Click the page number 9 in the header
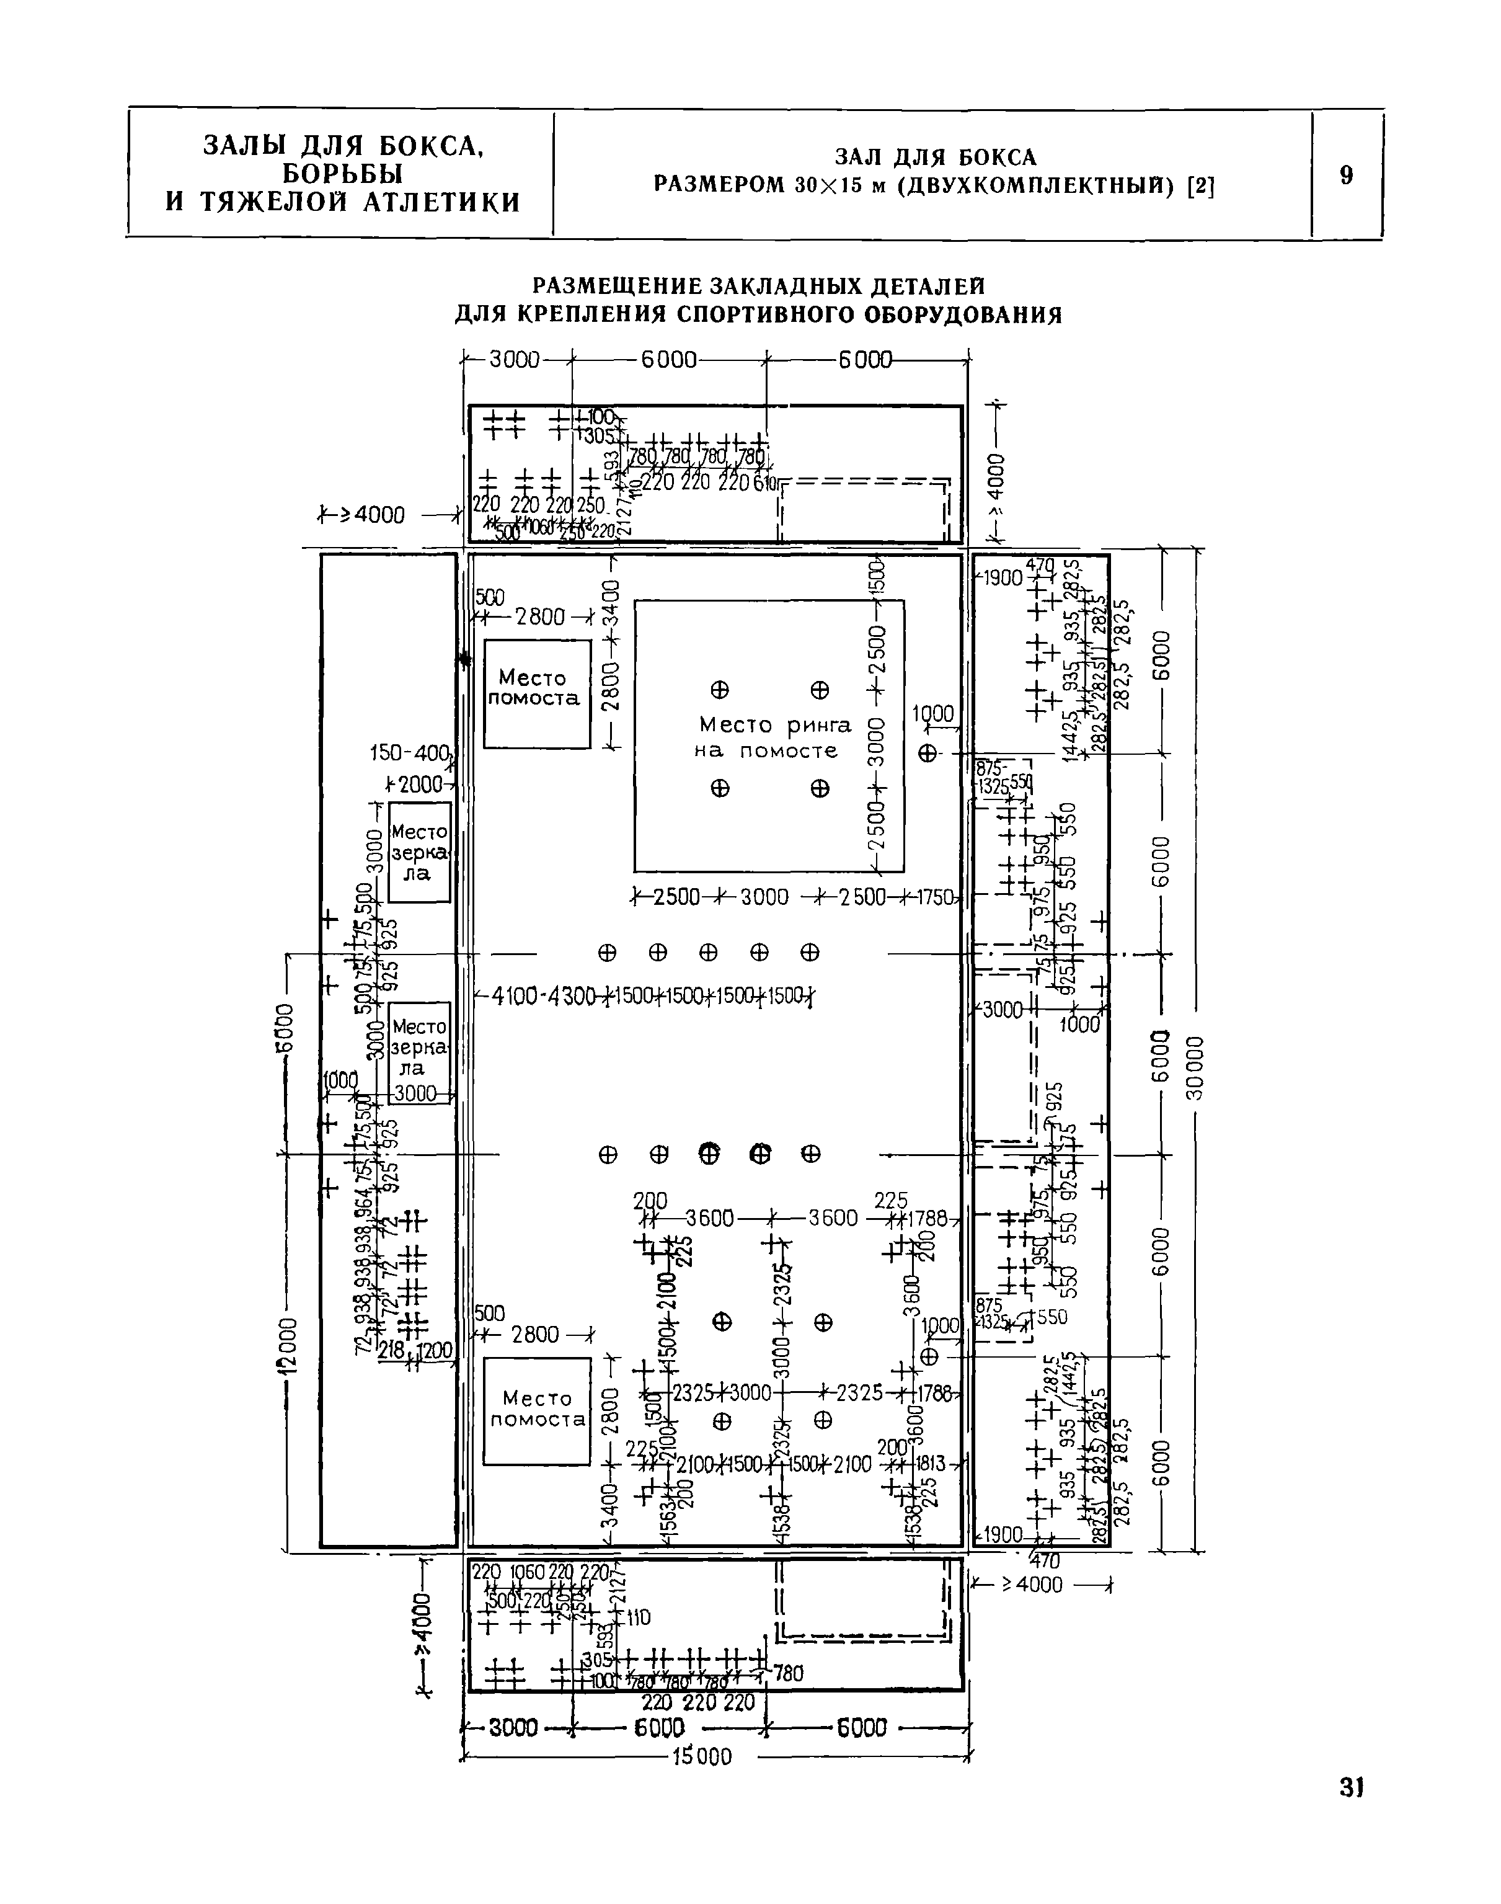click(1347, 175)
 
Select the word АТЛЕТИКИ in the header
click(443, 203)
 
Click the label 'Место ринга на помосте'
click(774, 737)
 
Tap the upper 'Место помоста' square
click(537, 693)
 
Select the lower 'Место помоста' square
click(537, 1411)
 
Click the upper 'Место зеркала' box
click(419, 851)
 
